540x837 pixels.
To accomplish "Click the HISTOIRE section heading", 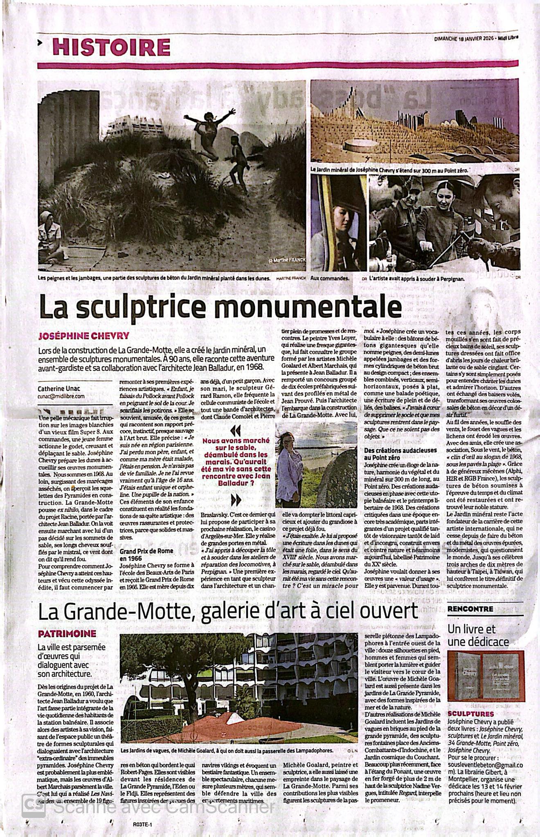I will [x=111, y=47].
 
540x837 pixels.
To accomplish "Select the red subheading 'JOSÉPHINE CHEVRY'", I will [x=83, y=336].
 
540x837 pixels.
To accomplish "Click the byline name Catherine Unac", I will [x=60, y=389].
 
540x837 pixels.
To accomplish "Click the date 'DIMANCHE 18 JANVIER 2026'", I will [x=464, y=38].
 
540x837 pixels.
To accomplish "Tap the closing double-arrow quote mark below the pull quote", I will [x=236, y=500].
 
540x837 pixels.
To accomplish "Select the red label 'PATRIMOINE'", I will [x=67, y=634].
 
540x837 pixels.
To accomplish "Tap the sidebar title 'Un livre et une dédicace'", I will [x=478, y=635].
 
